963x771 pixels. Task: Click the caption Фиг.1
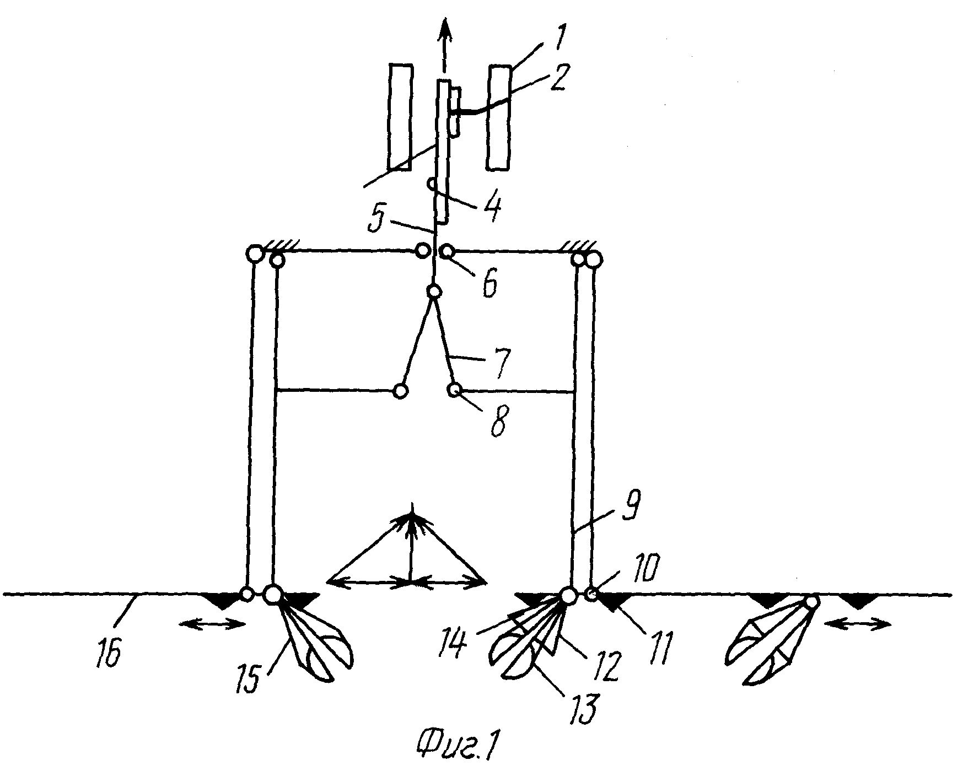[461, 747]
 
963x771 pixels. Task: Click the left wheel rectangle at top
[400, 116]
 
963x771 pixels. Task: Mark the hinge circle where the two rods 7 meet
[433, 292]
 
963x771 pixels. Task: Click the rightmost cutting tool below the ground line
[772, 642]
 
